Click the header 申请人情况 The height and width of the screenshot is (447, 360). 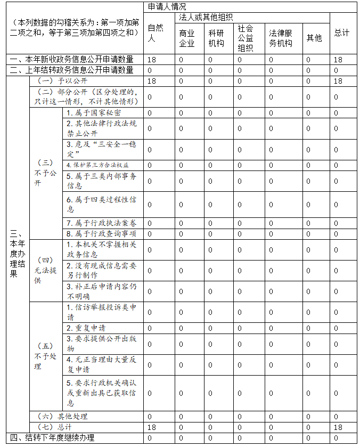pos(167,7)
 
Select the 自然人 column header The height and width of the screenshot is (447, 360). pos(155,33)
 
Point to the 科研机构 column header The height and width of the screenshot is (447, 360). pos(216,38)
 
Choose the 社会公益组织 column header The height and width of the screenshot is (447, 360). pos(246,37)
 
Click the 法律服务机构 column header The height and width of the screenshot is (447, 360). pos(281,38)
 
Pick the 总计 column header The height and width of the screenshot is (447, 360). pos(342,33)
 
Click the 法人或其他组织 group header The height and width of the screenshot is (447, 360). pos(206,18)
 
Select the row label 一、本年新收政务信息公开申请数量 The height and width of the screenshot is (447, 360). pos(71,60)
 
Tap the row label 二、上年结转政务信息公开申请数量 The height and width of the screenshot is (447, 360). pos(71,70)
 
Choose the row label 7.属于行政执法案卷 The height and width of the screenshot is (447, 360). pos(101,223)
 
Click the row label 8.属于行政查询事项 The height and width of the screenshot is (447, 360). pos(101,234)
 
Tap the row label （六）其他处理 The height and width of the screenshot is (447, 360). pos(62,416)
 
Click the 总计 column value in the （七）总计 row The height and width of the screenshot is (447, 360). pos(338,427)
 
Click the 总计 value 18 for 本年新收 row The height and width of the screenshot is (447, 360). pos(338,60)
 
